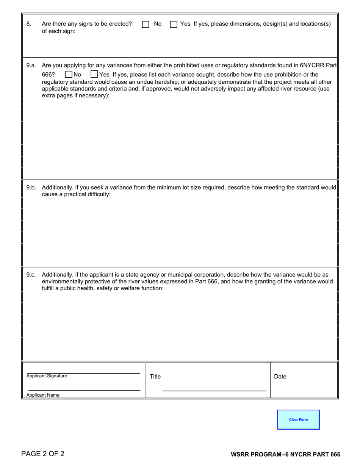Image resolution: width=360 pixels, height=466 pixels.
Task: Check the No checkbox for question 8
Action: click(146, 24)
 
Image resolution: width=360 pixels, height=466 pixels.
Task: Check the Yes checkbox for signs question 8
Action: click(174, 24)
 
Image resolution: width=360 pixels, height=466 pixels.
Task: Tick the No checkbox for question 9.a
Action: click(69, 74)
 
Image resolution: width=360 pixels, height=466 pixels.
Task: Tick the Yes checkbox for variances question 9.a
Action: click(94, 74)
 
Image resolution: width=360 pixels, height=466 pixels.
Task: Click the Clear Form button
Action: click(298, 419)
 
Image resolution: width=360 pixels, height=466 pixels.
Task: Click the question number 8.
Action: click(29, 24)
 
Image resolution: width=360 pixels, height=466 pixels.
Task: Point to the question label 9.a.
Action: click(31, 65)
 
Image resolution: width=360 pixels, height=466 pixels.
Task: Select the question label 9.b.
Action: click(31, 188)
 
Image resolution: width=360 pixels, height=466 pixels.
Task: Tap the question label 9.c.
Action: click(31, 275)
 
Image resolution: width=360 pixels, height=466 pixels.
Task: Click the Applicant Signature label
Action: click(47, 376)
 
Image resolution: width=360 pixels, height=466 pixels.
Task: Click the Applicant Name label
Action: click(43, 395)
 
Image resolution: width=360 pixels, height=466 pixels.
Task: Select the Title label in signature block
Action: click(155, 377)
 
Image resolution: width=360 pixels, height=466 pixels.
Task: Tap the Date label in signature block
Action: click(280, 377)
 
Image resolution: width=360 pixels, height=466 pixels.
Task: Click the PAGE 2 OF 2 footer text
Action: click(43, 454)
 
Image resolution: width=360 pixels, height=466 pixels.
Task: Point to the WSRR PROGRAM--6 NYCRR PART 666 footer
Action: click(285, 455)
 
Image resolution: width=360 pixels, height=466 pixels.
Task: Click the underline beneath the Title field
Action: click(214, 391)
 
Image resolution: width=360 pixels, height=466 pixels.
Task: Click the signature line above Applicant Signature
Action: click(83, 374)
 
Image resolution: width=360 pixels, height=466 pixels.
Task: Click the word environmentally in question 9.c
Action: click(63, 281)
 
